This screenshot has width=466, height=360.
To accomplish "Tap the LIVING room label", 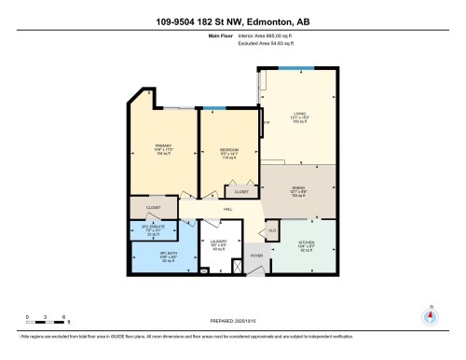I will click(299, 118).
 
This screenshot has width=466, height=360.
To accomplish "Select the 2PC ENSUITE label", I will click(152, 228).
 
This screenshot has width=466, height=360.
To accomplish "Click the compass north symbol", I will click(430, 316).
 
